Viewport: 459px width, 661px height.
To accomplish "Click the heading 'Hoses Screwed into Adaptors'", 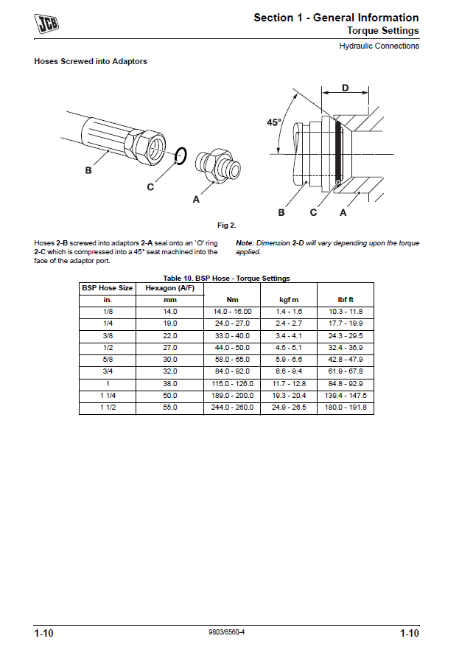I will coord(91,62).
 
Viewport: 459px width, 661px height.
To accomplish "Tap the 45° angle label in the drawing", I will coord(274,124).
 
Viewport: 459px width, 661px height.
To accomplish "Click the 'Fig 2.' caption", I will coord(226,225).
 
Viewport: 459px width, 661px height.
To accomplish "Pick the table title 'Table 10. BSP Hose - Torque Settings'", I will coord(226,279).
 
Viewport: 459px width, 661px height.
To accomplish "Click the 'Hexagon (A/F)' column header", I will coord(170,288).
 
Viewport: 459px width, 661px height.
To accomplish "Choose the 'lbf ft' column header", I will coord(346,300).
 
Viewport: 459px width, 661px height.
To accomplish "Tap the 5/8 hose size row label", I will coord(108,360).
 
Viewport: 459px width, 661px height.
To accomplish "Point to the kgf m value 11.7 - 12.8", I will coord(287,384).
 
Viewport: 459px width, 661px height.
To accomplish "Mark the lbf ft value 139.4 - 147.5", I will coord(346,396).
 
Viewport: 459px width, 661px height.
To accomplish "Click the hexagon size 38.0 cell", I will coord(170,384).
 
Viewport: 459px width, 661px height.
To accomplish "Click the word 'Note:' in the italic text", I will coord(245,242).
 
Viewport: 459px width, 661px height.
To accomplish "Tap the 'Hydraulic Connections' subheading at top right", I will coord(379,46).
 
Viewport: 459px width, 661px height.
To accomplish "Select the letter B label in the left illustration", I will coord(88,170).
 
